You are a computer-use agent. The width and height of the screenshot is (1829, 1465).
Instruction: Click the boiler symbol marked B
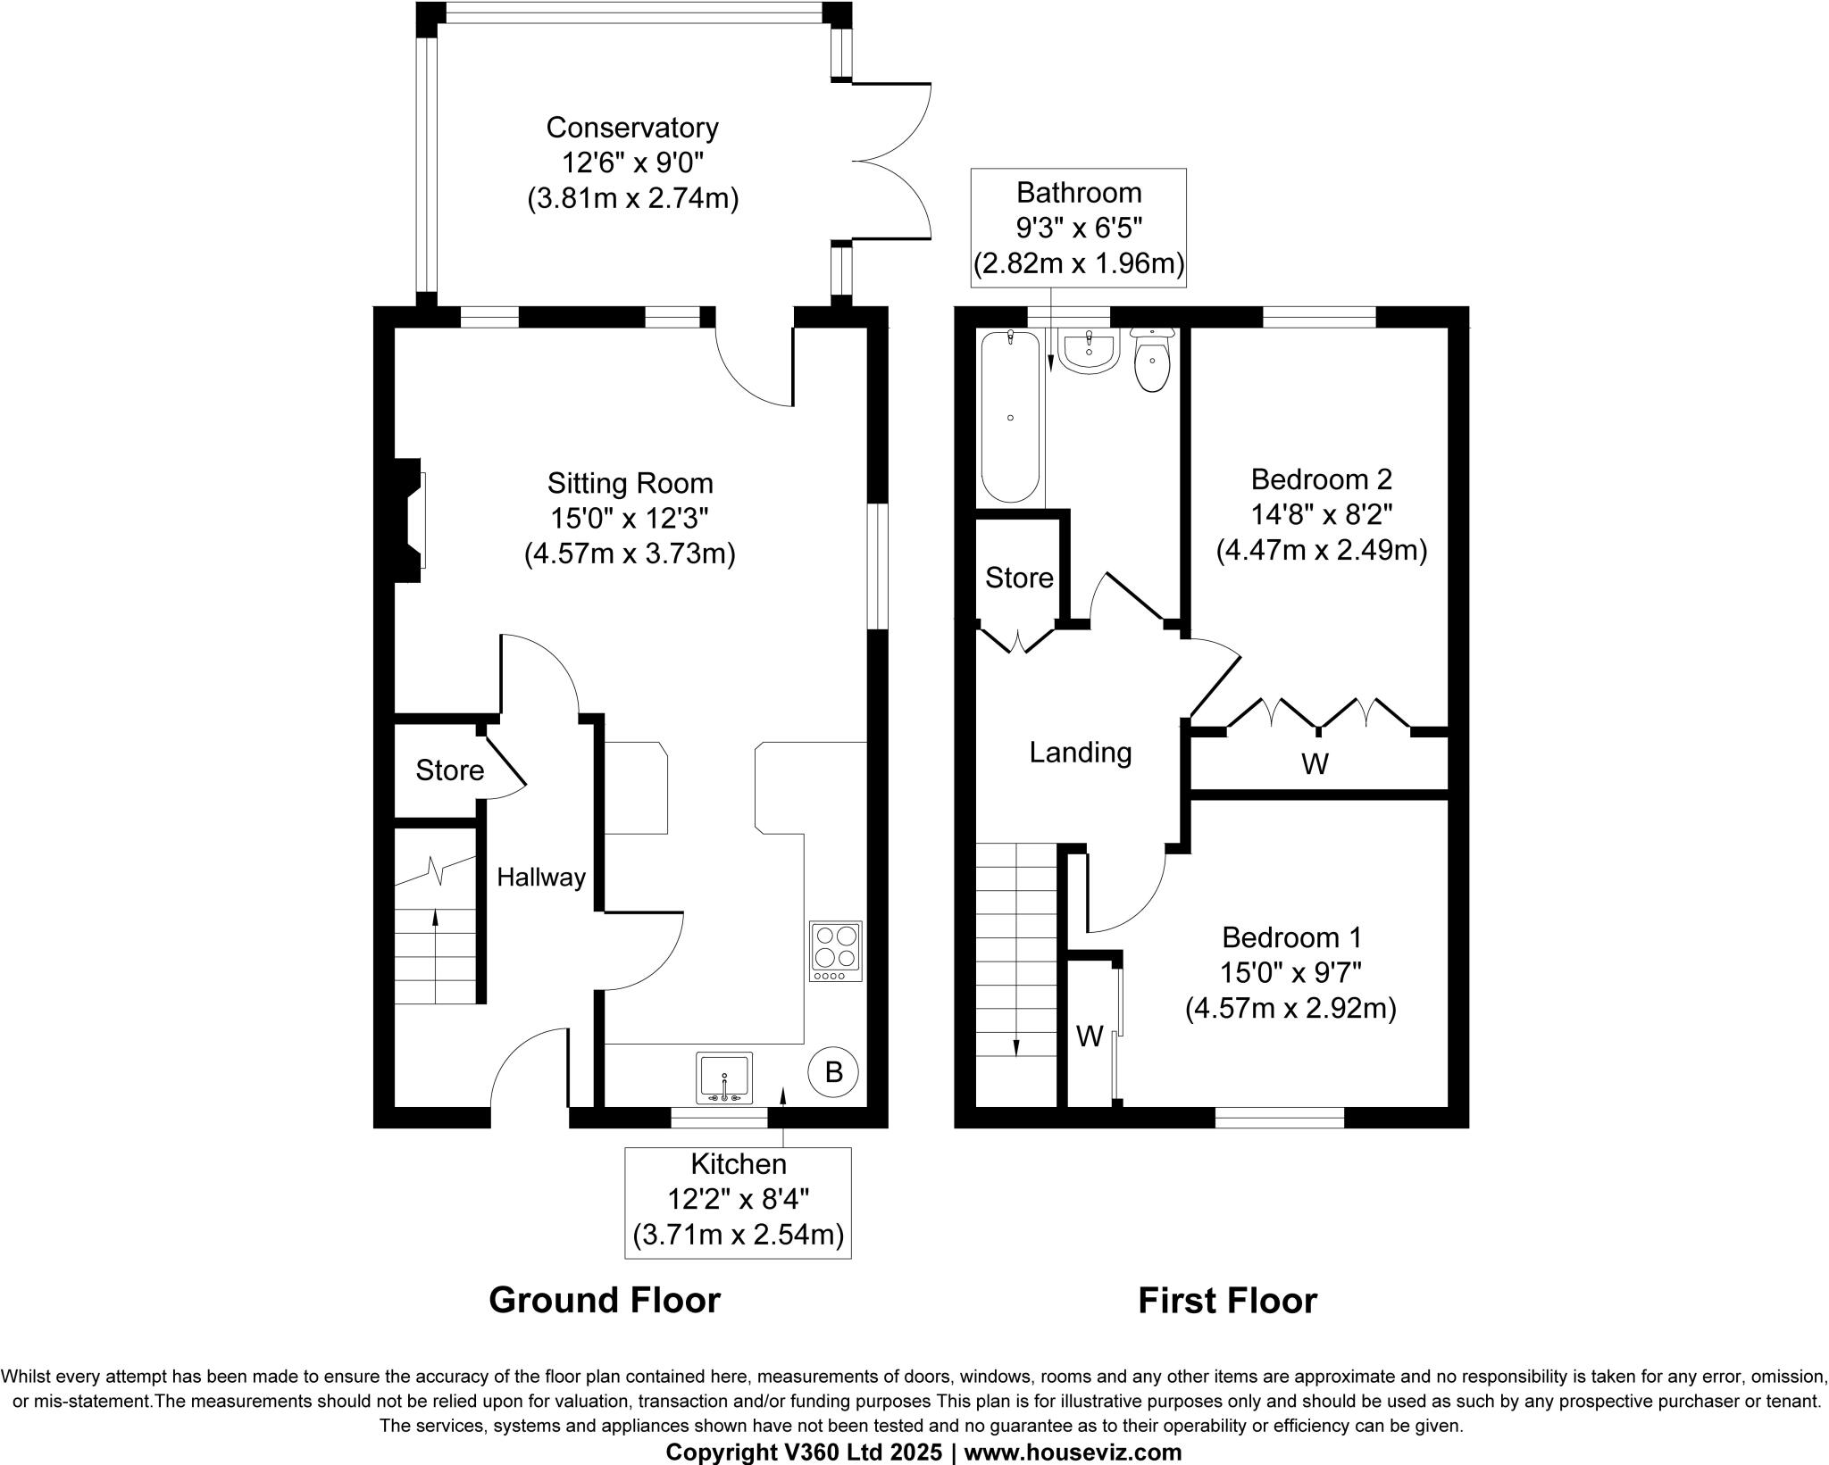833,1071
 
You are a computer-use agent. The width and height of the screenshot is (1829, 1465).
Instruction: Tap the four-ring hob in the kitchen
836,952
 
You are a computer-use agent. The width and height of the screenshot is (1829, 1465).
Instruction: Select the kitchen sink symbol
724,1078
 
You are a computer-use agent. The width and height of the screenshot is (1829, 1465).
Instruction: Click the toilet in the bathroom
1152,362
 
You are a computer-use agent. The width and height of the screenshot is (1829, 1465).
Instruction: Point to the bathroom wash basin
1089,351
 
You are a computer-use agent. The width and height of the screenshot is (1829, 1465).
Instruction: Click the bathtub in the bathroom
1011,417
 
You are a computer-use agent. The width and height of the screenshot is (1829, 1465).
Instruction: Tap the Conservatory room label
632,128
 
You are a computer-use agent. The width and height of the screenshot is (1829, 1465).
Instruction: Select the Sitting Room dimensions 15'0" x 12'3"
630,519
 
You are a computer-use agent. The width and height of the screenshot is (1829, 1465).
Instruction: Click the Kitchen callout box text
738,1200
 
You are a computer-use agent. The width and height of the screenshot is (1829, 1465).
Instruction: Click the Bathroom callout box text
1079,229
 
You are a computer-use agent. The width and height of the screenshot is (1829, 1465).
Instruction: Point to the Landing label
1080,753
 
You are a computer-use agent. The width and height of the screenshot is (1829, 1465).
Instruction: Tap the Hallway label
541,878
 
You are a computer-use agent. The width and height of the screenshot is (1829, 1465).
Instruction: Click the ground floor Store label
449,770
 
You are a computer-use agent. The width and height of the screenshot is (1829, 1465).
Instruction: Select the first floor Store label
1019,578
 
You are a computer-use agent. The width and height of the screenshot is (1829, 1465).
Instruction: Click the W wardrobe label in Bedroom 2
1315,764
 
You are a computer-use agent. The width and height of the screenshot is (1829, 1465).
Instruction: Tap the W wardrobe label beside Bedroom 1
1090,1036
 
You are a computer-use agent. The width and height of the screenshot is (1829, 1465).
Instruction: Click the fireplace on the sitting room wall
412,520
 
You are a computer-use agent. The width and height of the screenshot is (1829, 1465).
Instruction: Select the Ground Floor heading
605,1301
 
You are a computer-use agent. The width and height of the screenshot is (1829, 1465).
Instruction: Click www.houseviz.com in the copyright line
1073,1453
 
